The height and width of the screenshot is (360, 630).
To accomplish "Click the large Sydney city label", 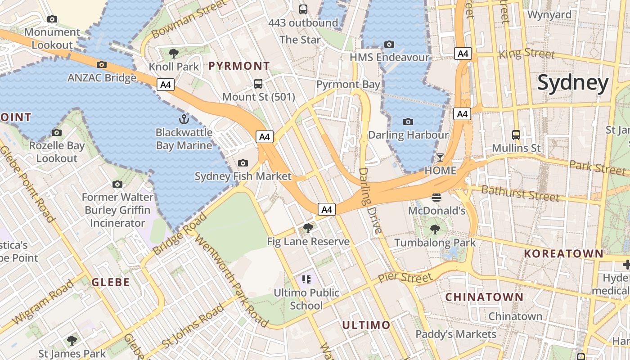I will click(x=573, y=83).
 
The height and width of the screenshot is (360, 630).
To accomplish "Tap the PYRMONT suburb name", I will click(x=239, y=66).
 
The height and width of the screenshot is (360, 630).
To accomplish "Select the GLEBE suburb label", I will click(x=111, y=283).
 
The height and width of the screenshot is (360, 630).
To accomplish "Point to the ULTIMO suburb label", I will click(x=366, y=325).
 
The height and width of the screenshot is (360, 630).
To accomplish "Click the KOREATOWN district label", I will click(x=563, y=253).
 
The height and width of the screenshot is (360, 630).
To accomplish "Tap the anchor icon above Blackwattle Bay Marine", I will click(x=184, y=119).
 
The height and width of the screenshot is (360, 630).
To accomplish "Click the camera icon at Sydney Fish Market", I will click(x=243, y=163).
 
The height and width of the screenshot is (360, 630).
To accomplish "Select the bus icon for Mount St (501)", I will click(x=258, y=83).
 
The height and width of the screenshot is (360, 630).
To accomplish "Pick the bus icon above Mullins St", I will click(x=516, y=135).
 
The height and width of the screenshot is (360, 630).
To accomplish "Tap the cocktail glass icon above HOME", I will click(x=440, y=157).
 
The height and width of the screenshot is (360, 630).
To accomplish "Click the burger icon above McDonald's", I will click(x=436, y=197).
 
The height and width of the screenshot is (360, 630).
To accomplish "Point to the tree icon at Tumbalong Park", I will click(x=435, y=229).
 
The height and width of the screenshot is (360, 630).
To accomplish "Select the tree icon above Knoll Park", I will click(x=173, y=54).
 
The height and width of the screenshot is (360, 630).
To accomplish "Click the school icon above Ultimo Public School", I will click(x=307, y=279).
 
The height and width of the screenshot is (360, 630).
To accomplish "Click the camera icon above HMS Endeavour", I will click(x=389, y=44).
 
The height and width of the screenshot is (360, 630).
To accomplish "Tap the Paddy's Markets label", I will click(x=455, y=334).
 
